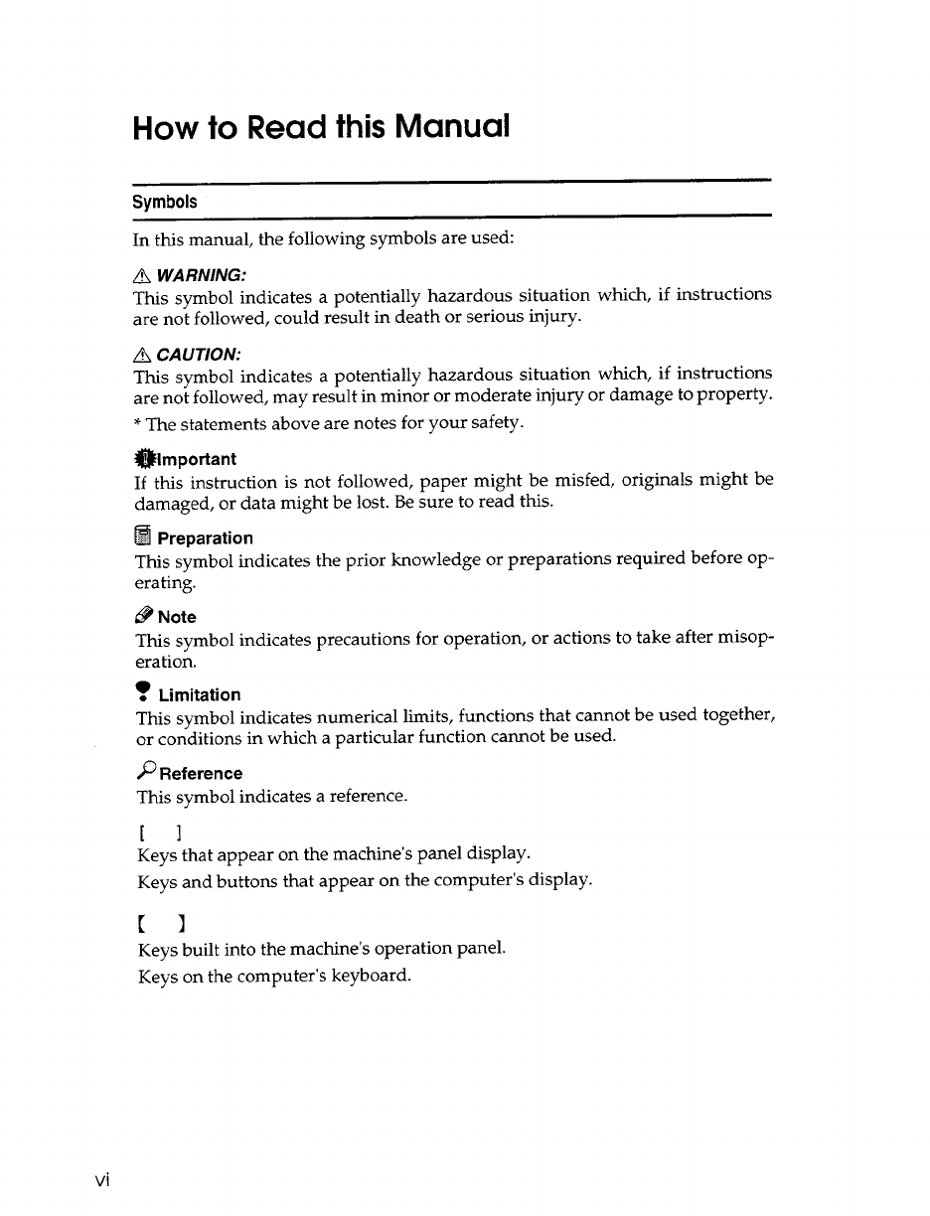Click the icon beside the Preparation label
[x=143, y=537]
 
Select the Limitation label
[x=199, y=694]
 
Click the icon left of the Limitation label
[x=142, y=692]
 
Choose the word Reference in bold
[x=200, y=773]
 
